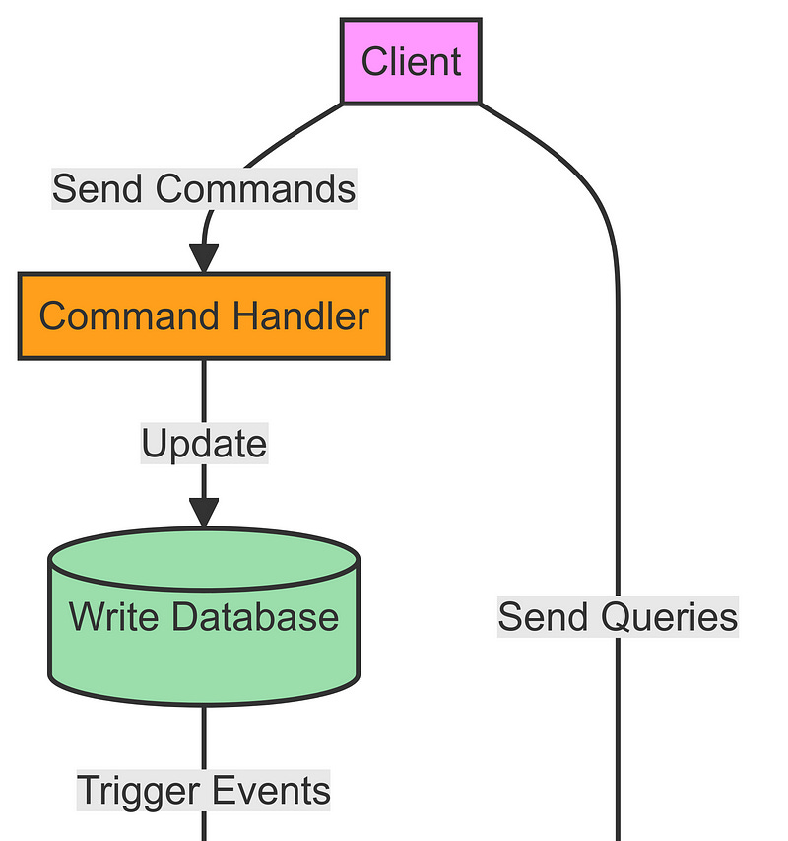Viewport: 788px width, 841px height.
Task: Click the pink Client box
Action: (x=411, y=61)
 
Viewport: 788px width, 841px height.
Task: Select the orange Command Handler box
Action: (x=204, y=316)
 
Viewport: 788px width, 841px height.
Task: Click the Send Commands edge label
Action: (x=204, y=187)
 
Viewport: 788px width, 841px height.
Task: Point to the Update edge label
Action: (x=204, y=444)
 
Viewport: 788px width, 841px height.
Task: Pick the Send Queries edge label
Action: (x=618, y=617)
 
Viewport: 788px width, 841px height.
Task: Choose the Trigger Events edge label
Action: (x=204, y=791)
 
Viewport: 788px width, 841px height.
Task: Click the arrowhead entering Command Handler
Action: (x=204, y=258)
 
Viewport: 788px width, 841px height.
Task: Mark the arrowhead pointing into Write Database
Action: (x=204, y=514)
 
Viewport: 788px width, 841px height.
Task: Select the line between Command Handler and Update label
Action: (x=204, y=389)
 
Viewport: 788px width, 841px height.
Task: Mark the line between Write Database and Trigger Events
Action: (x=204, y=735)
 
